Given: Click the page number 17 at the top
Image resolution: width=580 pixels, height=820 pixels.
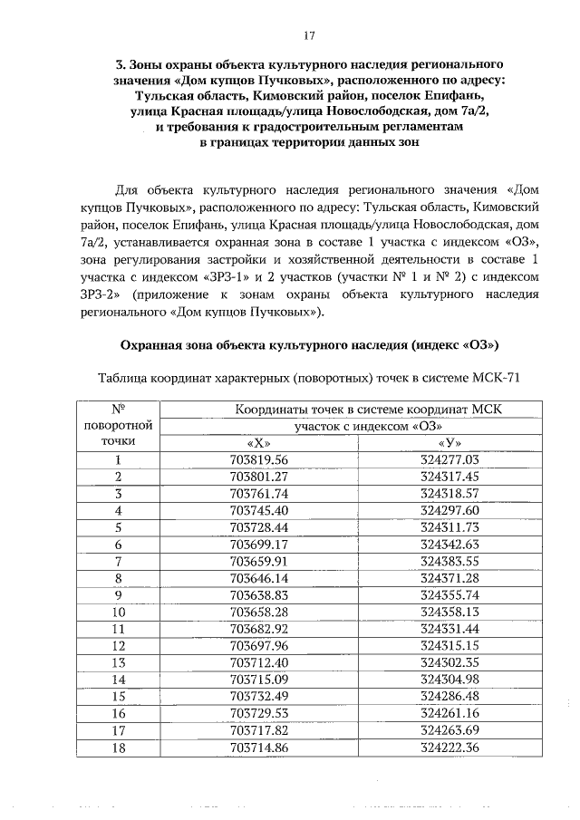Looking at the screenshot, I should point(308,35).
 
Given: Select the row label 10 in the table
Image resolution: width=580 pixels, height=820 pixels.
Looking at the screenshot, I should point(117,612).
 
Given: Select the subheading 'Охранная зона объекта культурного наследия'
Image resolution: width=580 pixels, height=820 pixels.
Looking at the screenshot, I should point(263,345).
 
